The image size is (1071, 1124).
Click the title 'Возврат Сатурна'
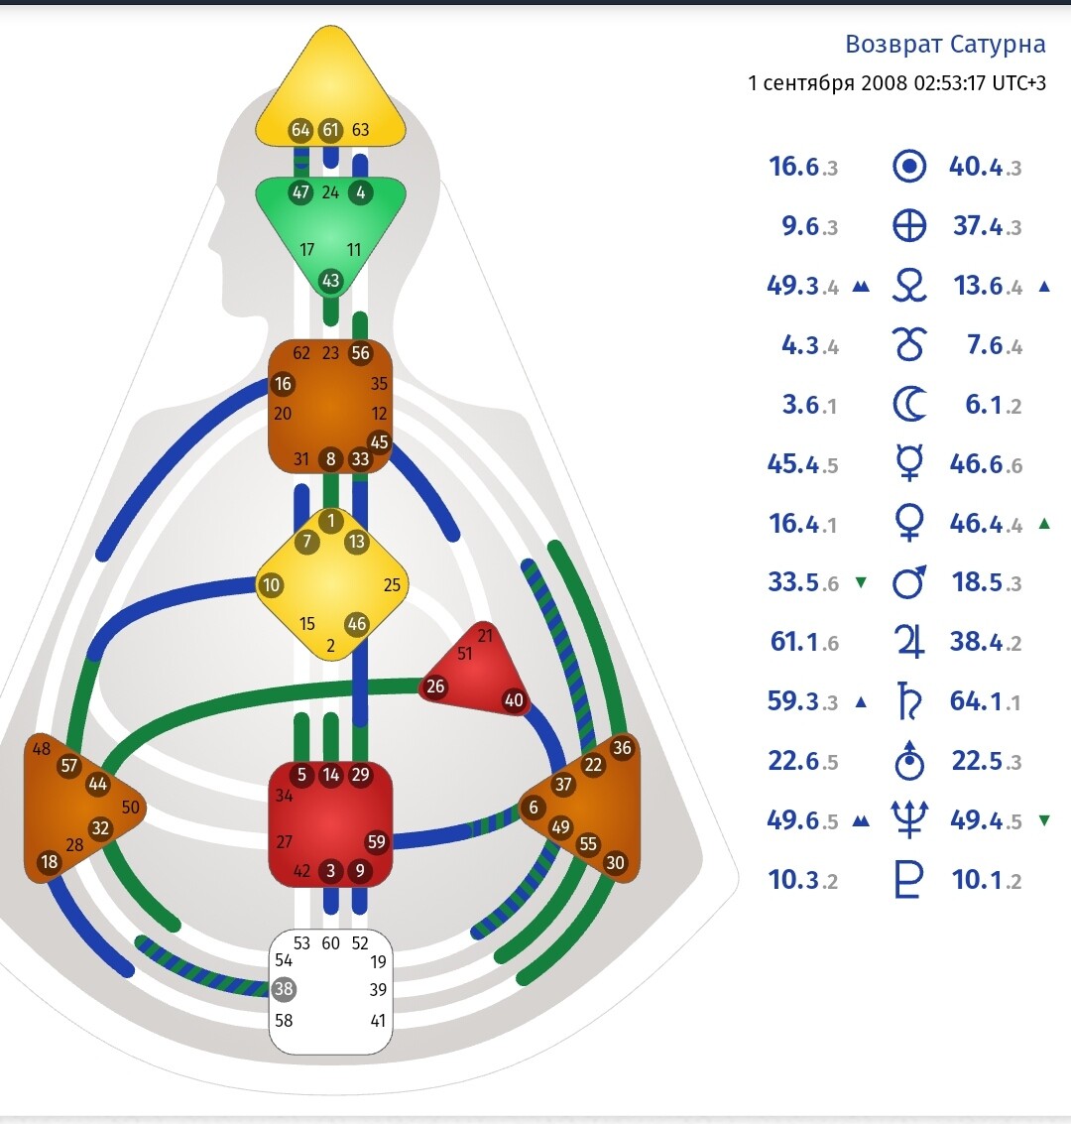pyautogui.click(x=945, y=45)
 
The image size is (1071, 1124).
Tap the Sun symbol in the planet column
pyautogui.click(x=909, y=167)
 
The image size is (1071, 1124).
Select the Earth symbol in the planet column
pyautogui.click(x=909, y=226)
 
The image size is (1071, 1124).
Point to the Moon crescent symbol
pyautogui.click(x=909, y=405)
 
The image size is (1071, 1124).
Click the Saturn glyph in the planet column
pyautogui.click(x=909, y=701)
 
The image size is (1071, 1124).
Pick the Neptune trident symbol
pyautogui.click(x=909, y=820)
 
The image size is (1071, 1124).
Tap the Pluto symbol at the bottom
pyautogui.click(x=909, y=880)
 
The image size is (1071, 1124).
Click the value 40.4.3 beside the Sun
pyautogui.click(x=985, y=167)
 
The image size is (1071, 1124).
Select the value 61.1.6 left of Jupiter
pyautogui.click(x=803, y=642)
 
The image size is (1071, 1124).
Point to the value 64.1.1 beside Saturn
pyautogui.click(x=985, y=701)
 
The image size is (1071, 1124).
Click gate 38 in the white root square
pyautogui.click(x=285, y=989)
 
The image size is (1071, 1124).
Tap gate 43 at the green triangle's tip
pyautogui.click(x=330, y=282)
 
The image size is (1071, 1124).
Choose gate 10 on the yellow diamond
pyautogui.click(x=271, y=584)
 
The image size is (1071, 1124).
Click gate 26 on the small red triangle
pyautogui.click(x=435, y=687)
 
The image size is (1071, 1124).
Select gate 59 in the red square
pyautogui.click(x=376, y=842)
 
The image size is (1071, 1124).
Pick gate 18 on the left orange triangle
pyautogui.click(x=49, y=862)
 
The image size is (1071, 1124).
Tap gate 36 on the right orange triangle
pyautogui.click(x=622, y=748)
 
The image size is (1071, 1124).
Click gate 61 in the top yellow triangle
pyautogui.click(x=330, y=130)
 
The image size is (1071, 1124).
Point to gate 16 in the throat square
pyautogui.click(x=284, y=384)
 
